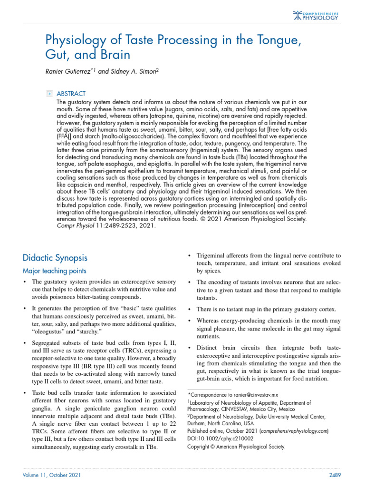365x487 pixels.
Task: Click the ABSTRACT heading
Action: (x=71, y=94)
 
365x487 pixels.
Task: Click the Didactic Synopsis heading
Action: (x=55, y=258)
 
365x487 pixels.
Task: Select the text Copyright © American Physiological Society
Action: (x=236, y=447)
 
